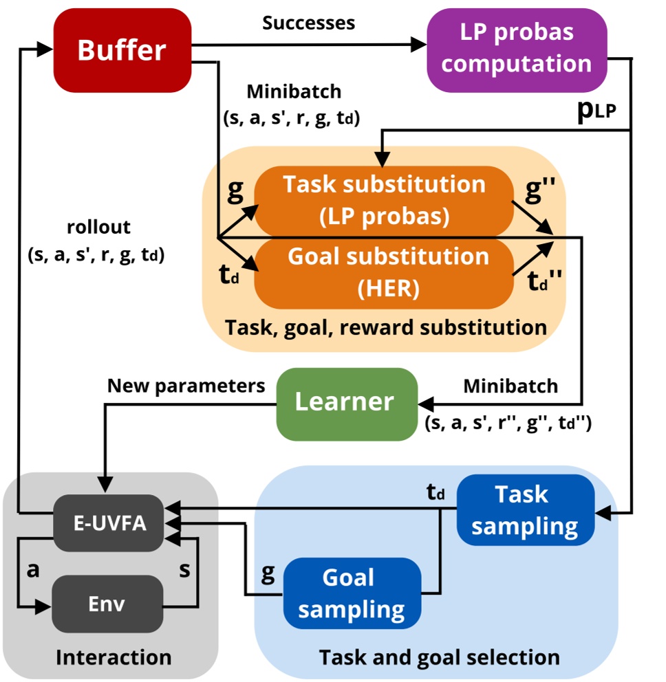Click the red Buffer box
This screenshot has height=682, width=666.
click(x=122, y=50)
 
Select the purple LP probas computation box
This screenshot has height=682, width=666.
click(x=517, y=49)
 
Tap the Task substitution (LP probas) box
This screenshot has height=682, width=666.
click(x=384, y=200)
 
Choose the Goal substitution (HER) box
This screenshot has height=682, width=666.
click(x=384, y=272)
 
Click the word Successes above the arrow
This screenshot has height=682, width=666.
click(x=308, y=23)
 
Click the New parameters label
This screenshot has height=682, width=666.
click(x=186, y=386)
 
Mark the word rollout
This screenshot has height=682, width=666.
click(x=98, y=228)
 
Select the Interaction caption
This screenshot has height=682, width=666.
click(x=114, y=657)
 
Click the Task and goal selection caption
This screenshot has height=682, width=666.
click(x=439, y=657)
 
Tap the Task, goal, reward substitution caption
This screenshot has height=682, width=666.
click(x=385, y=327)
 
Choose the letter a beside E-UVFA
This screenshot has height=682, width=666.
click(x=32, y=571)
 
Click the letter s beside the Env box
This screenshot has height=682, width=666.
click(x=184, y=571)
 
